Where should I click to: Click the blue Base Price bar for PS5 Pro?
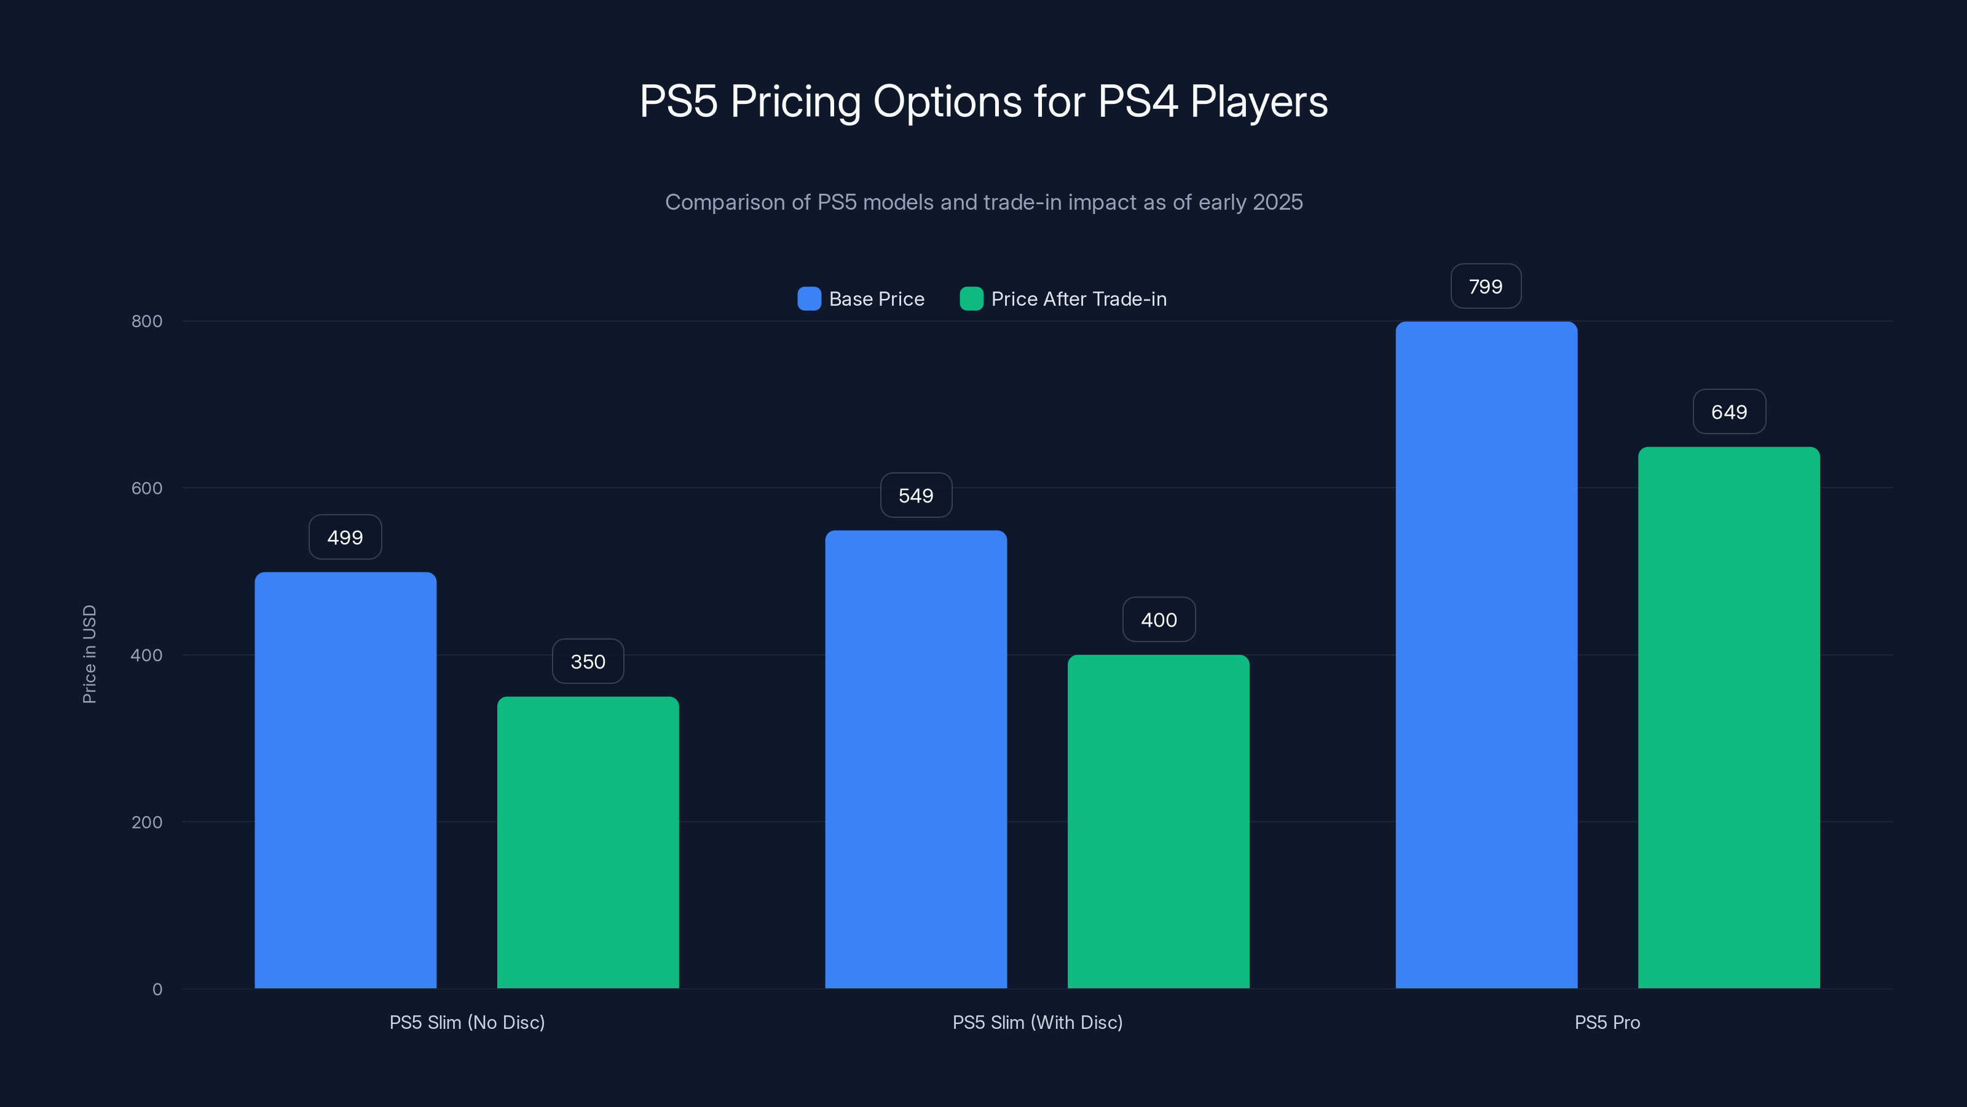click(1486, 655)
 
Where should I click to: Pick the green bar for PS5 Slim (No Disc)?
click(588, 842)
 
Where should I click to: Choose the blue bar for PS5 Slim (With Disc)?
click(915, 760)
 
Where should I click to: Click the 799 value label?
click(1486, 287)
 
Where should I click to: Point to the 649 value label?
click(1729, 412)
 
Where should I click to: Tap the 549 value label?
click(915, 495)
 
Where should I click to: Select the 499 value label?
click(345, 537)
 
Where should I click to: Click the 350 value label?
click(588, 662)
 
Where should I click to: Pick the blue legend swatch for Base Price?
click(810, 299)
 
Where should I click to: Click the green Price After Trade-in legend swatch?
click(971, 299)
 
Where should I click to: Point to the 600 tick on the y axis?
click(147, 488)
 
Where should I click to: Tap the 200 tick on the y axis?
click(147, 822)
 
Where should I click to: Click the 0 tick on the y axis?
click(157, 990)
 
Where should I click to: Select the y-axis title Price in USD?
click(89, 654)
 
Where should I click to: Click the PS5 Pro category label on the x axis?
click(1607, 1022)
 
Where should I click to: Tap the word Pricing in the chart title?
click(795, 101)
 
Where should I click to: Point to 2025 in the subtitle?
click(1277, 202)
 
